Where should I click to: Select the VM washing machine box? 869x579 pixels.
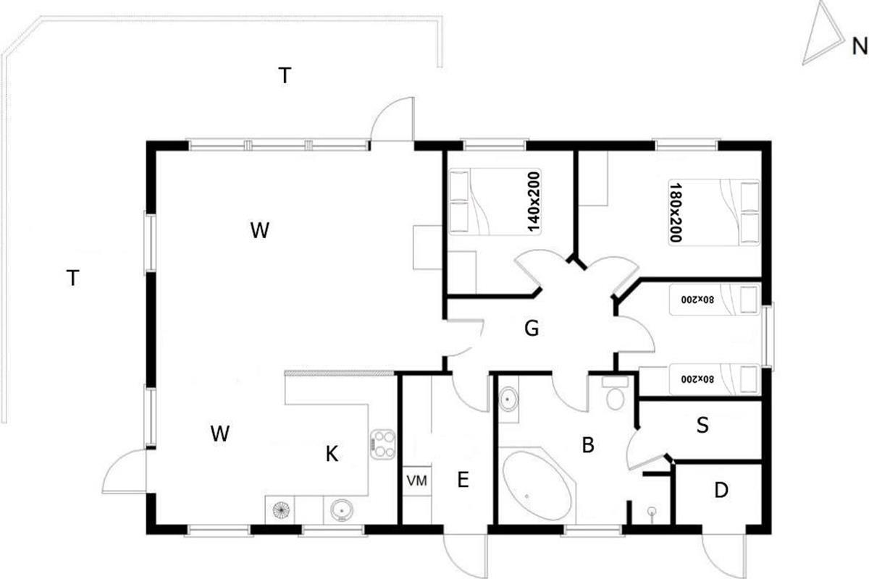pyautogui.click(x=417, y=481)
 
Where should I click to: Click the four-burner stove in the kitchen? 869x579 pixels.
pyautogui.click(x=382, y=444)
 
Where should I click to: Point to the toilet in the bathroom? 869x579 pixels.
pyautogui.click(x=615, y=393)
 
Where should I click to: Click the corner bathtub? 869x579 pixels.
pyautogui.click(x=537, y=486)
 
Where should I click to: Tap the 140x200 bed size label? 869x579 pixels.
pyautogui.click(x=534, y=202)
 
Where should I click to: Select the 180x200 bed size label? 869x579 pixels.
pyautogui.click(x=676, y=213)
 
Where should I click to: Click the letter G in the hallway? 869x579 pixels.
pyautogui.click(x=532, y=329)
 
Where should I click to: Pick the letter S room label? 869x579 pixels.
pyautogui.click(x=702, y=425)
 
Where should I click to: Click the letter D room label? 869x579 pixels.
pyautogui.click(x=721, y=491)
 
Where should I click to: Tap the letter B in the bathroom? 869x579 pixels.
pyautogui.click(x=588, y=445)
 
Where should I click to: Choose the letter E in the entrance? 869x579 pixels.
pyautogui.click(x=463, y=480)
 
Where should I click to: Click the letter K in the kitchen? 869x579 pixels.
pyautogui.click(x=332, y=454)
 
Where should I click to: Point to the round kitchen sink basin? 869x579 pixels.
pyautogui.click(x=341, y=510)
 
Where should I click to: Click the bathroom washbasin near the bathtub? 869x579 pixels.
pyautogui.click(x=508, y=400)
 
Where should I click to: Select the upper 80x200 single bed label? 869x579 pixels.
pyautogui.click(x=697, y=300)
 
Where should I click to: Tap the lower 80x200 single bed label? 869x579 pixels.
pyautogui.click(x=697, y=379)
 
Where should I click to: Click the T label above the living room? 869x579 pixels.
pyautogui.click(x=285, y=75)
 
